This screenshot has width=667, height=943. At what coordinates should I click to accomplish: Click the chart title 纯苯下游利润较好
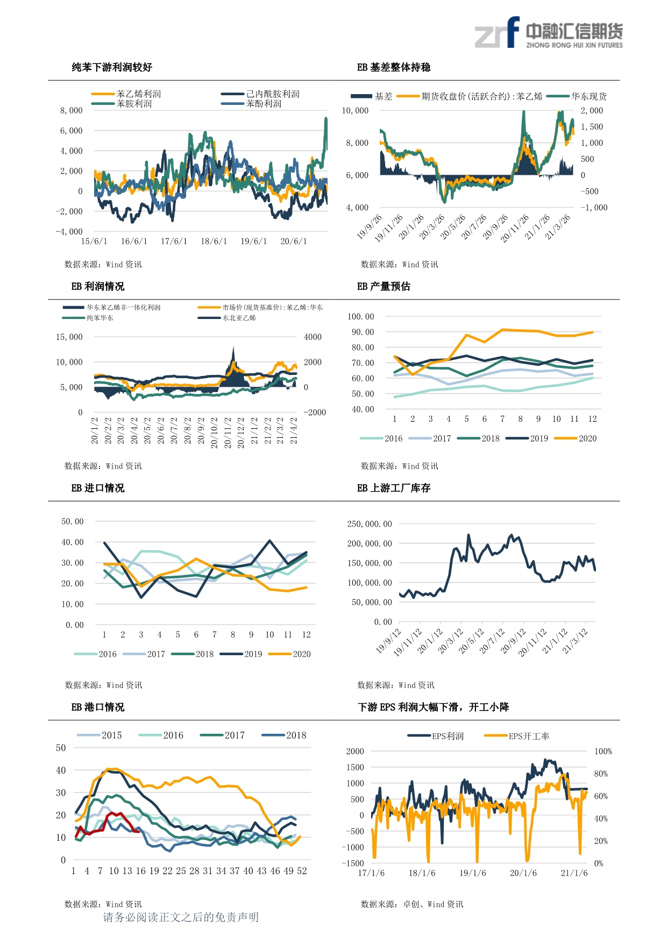[x=112, y=67]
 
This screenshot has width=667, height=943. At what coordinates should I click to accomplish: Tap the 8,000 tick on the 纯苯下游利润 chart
[x=72, y=111]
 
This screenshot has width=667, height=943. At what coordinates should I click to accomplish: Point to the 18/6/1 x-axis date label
[x=214, y=242]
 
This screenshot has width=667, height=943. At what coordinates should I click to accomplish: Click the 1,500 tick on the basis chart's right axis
[x=592, y=127]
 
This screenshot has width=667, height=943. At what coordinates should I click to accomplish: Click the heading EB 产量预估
[x=384, y=286]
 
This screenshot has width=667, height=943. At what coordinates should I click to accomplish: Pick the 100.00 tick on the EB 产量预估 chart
[x=361, y=317]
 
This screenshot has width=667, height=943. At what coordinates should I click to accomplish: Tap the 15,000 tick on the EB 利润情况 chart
[x=69, y=337]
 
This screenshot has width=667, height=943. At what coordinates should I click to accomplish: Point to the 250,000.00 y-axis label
[x=370, y=524]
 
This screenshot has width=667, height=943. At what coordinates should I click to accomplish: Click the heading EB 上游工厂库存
[x=394, y=488]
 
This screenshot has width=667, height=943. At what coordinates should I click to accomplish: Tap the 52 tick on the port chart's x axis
[x=302, y=871]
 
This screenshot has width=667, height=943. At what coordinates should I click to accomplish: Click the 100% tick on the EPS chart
[x=603, y=751]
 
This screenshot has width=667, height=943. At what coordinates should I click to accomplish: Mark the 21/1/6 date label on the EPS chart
[x=574, y=873]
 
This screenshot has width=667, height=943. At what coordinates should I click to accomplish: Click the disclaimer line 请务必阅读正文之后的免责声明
[x=181, y=917]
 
